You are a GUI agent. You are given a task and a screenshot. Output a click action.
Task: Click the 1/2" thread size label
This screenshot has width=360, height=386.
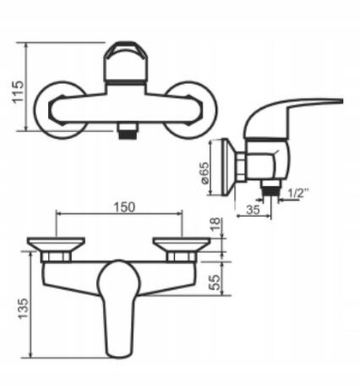296,192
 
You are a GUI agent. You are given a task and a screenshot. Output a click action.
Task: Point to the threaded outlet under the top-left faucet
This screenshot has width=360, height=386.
126,129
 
